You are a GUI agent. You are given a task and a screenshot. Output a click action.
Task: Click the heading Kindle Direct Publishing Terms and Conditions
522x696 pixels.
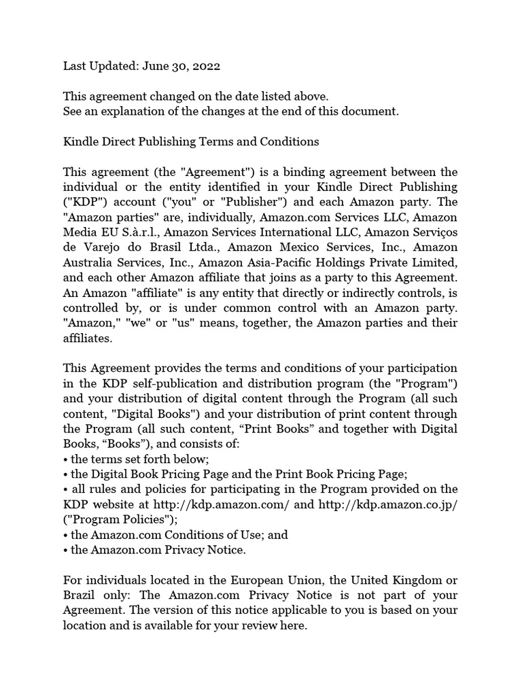click(191, 141)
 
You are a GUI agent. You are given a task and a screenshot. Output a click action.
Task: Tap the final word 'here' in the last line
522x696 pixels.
click(293, 625)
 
